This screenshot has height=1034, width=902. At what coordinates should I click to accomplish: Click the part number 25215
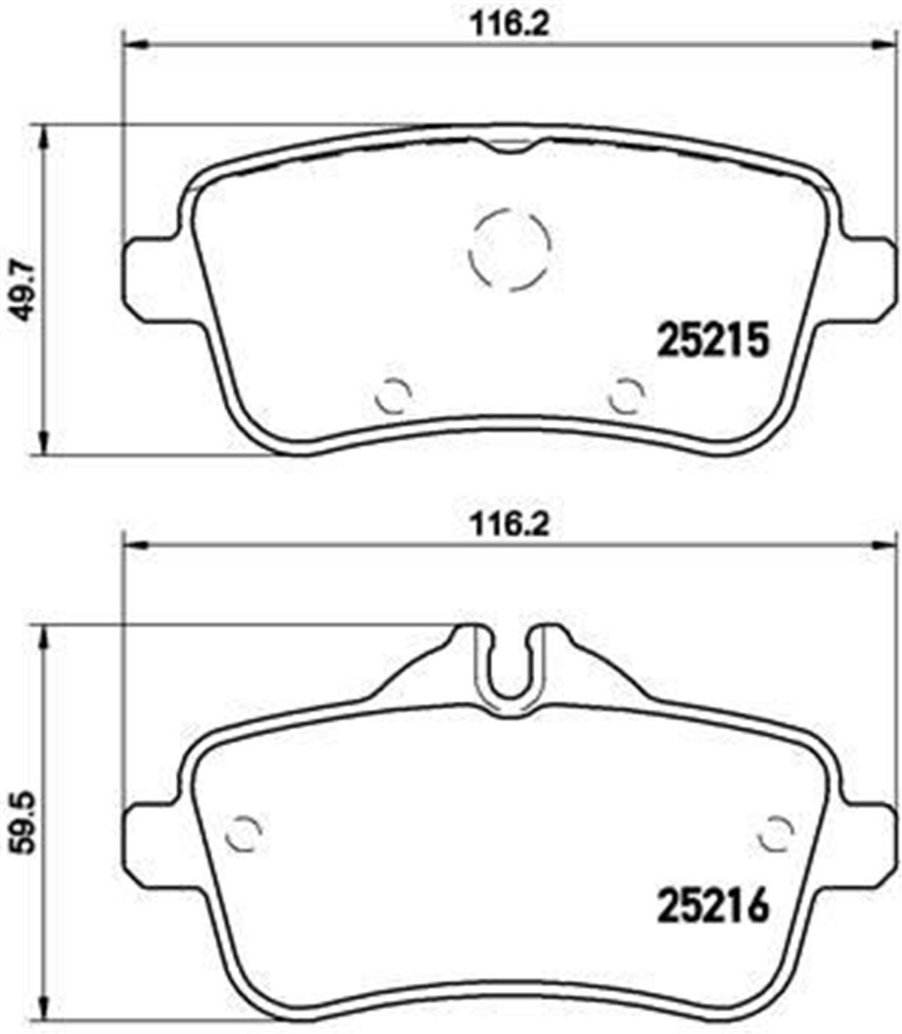[x=713, y=340]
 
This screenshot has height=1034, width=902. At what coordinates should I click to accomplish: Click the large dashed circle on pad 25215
[x=510, y=249]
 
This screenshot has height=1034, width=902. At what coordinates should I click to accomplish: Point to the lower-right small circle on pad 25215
[x=626, y=395]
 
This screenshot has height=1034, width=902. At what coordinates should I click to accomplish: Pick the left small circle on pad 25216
[x=244, y=833]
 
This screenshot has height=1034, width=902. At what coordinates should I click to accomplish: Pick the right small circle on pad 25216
[x=776, y=833]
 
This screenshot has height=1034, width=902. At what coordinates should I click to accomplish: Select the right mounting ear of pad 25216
[x=872, y=840]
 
